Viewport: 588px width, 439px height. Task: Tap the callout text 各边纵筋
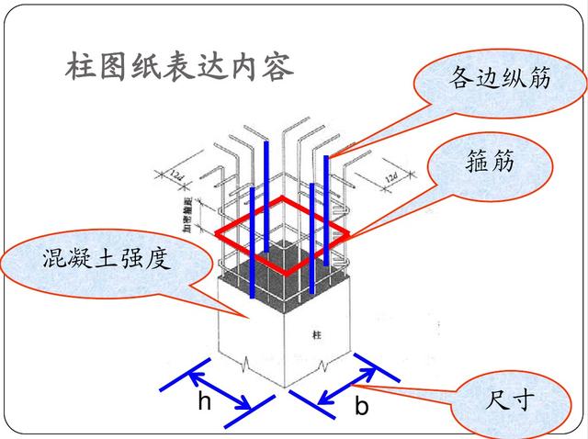click(x=500, y=78)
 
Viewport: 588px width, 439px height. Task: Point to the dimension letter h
click(x=205, y=401)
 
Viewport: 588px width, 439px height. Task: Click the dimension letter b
click(x=361, y=405)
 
